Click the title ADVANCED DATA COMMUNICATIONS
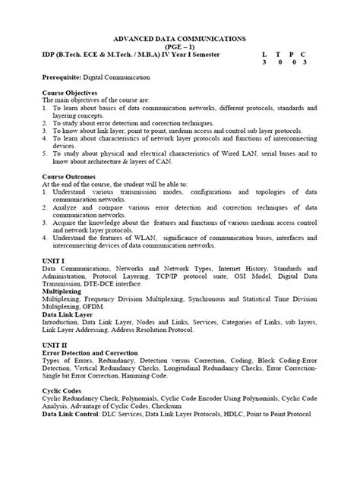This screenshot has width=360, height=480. [179, 36]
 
